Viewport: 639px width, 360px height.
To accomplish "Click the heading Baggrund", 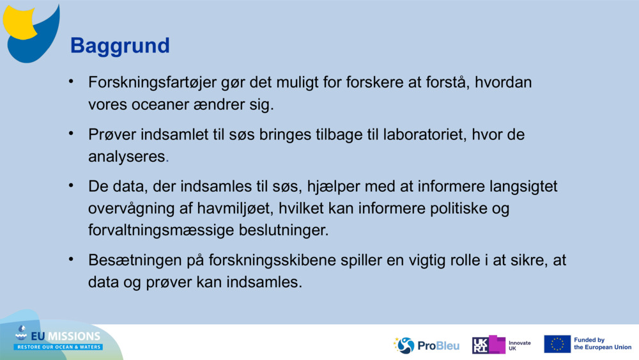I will click(x=119, y=46).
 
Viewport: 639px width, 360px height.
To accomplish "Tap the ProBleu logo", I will click(x=426, y=345).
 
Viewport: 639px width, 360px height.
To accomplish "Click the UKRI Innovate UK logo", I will click(x=501, y=345).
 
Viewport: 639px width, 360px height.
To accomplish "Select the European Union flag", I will click(x=557, y=344).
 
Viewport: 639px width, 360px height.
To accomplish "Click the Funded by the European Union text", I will click(x=602, y=344).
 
